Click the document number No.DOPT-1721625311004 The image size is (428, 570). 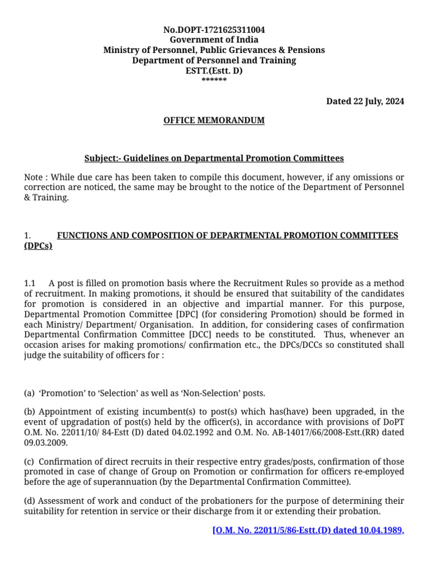point(214,30)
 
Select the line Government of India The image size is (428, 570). point(214,40)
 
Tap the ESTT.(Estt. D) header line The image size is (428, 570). point(214,71)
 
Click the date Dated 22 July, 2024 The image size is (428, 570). point(365,101)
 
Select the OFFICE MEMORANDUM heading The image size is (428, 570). point(214,120)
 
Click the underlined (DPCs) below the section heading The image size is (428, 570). point(38,246)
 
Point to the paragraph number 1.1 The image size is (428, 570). point(30,284)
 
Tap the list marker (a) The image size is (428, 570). point(30,394)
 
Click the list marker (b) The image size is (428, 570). point(30,412)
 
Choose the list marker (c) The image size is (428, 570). point(30,463)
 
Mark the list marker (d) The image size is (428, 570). point(30,502)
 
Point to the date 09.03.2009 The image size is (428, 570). point(46,442)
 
